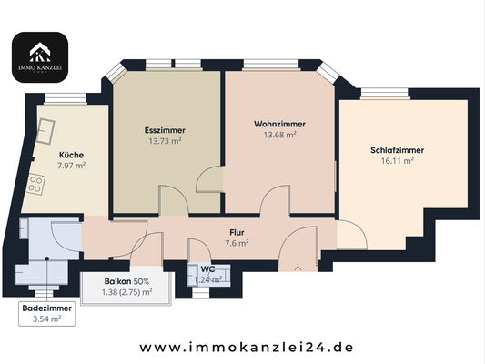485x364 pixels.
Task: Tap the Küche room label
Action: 71,155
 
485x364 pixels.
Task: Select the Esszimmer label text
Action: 166,130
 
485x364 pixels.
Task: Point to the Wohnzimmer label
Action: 279,124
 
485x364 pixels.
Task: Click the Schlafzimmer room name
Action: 398,150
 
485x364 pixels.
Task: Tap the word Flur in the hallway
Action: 237,232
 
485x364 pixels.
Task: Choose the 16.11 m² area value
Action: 398,161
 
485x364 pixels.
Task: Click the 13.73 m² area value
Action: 166,141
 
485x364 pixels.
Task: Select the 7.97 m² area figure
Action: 71,166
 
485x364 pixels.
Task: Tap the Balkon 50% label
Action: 126,282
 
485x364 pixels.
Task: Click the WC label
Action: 207,269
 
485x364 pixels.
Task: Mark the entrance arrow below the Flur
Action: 299,268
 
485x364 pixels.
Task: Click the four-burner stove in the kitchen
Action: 37,187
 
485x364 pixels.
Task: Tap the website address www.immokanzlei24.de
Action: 246,347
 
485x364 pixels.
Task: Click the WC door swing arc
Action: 198,250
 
